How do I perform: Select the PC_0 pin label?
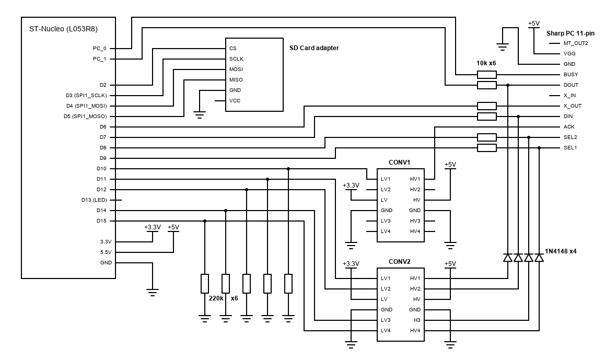(100, 48)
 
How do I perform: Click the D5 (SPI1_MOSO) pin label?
(85, 116)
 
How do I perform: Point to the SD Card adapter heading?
(314, 48)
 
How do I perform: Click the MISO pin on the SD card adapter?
(236, 79)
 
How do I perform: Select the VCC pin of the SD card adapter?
(235, 100)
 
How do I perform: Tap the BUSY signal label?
(571, 74)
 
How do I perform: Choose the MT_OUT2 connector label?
(576, 43)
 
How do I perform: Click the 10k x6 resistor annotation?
(486, 63)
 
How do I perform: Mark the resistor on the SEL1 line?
(486, 148)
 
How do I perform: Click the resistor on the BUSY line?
(486, 74)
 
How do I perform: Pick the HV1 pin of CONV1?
(415, 179)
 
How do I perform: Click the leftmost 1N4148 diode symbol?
(508, 258)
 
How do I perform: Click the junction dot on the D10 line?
(288, 169)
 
